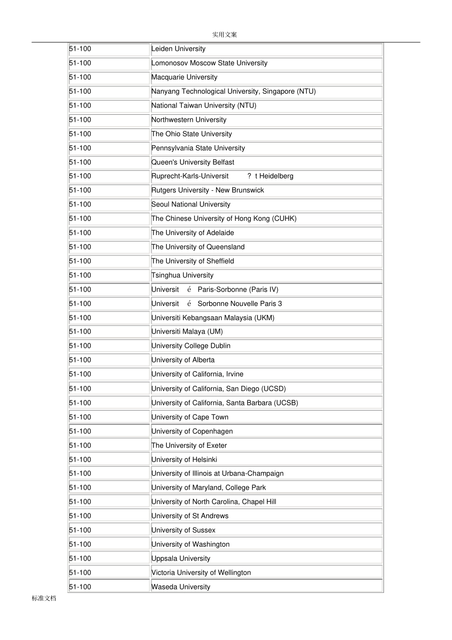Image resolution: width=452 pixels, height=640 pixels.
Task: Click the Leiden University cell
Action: (178, 49)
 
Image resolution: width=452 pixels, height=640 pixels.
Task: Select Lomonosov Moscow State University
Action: (209, 63)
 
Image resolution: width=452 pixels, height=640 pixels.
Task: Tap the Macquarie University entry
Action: (184, 78)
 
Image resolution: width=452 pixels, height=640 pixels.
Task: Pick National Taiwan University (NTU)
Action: (204, 106)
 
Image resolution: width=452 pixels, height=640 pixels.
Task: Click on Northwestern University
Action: (189, 120)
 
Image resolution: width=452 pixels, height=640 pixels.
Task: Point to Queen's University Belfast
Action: (193, 162)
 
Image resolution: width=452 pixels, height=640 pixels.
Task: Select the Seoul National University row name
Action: (191, 205)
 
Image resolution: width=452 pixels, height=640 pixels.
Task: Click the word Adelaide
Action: (220, 233)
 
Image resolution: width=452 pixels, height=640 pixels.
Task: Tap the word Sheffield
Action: (220, 261)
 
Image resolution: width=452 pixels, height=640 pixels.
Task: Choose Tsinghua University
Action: (182, 276)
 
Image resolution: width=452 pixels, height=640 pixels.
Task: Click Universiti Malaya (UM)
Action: (187, 332)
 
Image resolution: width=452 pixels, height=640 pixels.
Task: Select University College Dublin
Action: (191, 346)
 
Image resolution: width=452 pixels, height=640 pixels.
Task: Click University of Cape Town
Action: (190, 417)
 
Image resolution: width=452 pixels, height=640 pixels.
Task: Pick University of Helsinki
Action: (184, 460)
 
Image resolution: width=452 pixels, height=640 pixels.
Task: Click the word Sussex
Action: (204, 530)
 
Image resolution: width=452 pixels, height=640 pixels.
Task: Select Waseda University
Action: (181, 587)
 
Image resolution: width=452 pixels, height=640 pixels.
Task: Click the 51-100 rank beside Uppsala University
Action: (80, 559)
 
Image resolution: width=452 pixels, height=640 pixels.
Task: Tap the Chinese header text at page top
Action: (225, 35)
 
